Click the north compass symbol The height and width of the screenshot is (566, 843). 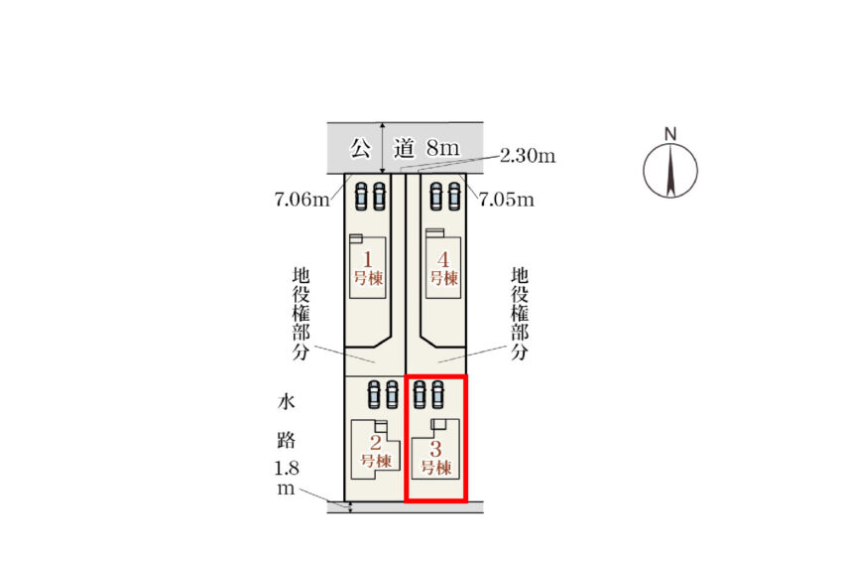click(670, 170)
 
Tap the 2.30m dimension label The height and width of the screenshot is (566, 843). click(527, 156)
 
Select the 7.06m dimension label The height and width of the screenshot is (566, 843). click(301, 201)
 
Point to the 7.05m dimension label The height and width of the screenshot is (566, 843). click(506, 201)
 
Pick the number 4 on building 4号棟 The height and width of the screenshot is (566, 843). click(444, 259)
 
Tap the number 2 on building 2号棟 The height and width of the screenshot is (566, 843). click(376, 443)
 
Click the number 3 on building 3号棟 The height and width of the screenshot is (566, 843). click(436, 448)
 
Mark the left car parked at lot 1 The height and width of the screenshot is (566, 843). click(361, 196)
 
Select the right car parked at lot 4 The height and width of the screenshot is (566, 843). click(454, 196)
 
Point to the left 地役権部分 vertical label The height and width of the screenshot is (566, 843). click(301, 312)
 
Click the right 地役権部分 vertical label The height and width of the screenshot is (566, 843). click(519, 312)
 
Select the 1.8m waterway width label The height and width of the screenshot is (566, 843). click(286, 480)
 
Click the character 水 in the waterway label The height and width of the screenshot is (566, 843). click(286, 402)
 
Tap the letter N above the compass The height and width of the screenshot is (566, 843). click(670, 134)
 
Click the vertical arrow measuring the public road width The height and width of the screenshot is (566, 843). click(382, 149)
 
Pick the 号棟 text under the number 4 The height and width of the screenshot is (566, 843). click(444, 279)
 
